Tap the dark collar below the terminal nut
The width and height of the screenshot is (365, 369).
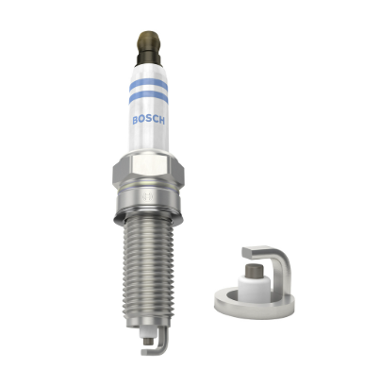click(x=148, y=59)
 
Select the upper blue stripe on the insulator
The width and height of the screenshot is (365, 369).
click(x=148, y=85)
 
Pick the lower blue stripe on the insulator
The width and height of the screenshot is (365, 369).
click(x=148, y=97)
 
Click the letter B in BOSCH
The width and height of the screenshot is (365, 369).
click(x=136, y=120)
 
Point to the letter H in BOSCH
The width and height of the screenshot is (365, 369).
click(x=161, y=120)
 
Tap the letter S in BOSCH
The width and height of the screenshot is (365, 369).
click(x=148, y=120)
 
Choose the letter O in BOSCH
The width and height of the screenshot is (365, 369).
click(x=142, y=120)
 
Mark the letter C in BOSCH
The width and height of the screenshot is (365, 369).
click(x=155, y=120)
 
